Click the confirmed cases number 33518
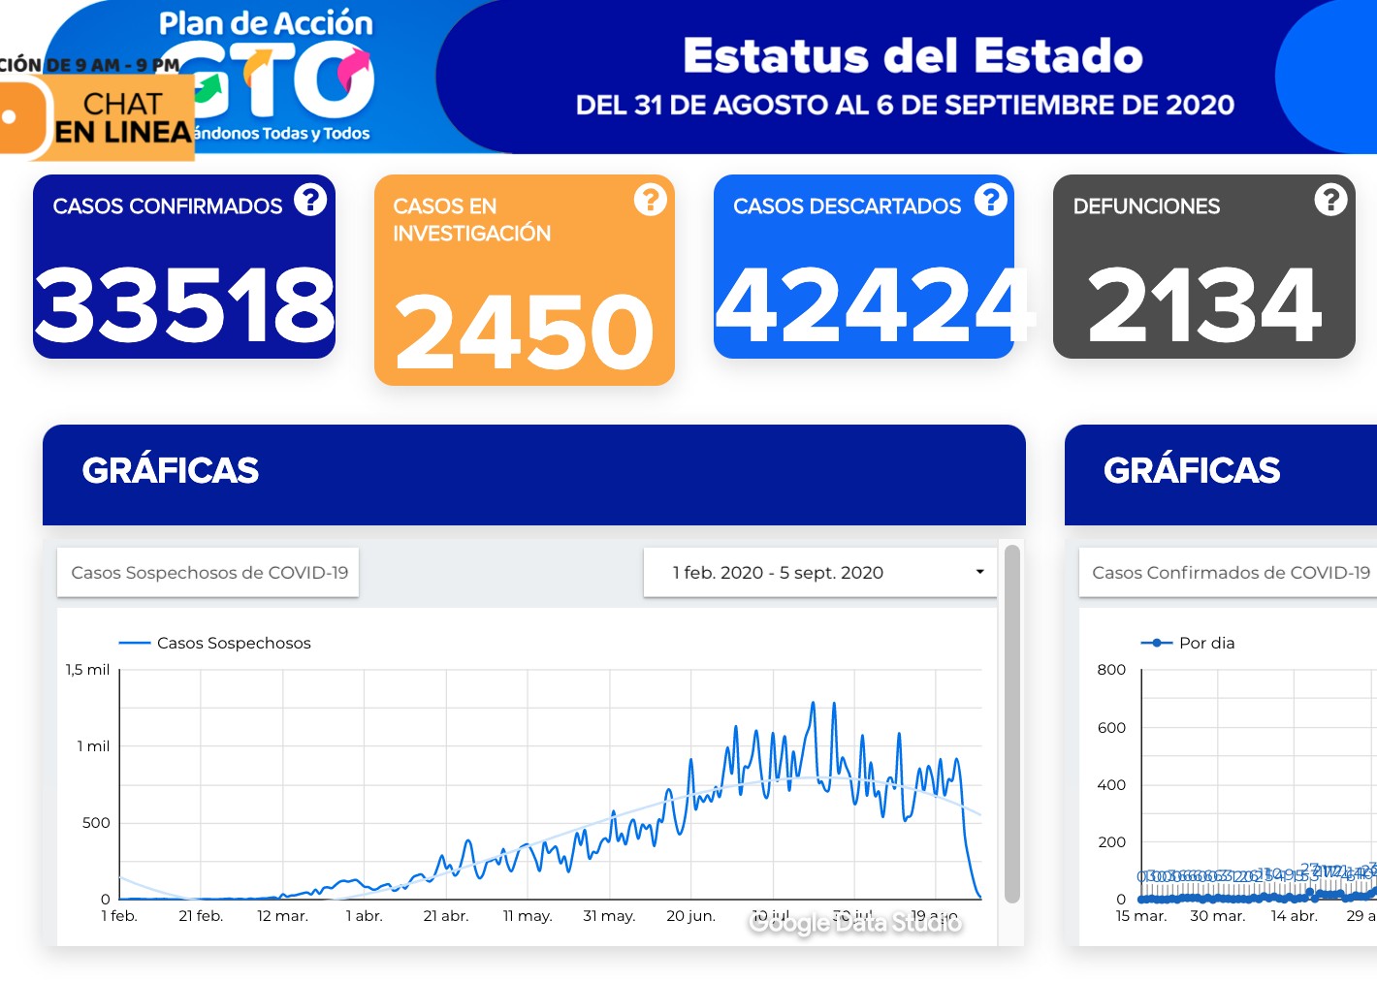[184, 304]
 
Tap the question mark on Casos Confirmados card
[310, 200]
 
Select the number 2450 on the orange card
[525, 332]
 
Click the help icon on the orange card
[650, 200]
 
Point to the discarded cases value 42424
[873, 304]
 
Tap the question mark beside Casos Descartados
[990, 200]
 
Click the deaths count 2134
[1204, 304]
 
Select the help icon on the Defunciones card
[1330, 200]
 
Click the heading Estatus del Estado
[913, 56]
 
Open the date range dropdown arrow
[979, 572]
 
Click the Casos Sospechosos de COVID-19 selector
[208, 573]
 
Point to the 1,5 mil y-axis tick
[88, 670]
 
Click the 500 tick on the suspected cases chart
[96, 823]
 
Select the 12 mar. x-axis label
[282, 916]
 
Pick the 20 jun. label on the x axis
[690, 916]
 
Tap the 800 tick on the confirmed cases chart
[1111, 670]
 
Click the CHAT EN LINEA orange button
[107, 117]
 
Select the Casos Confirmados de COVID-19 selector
[1230, 573]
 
